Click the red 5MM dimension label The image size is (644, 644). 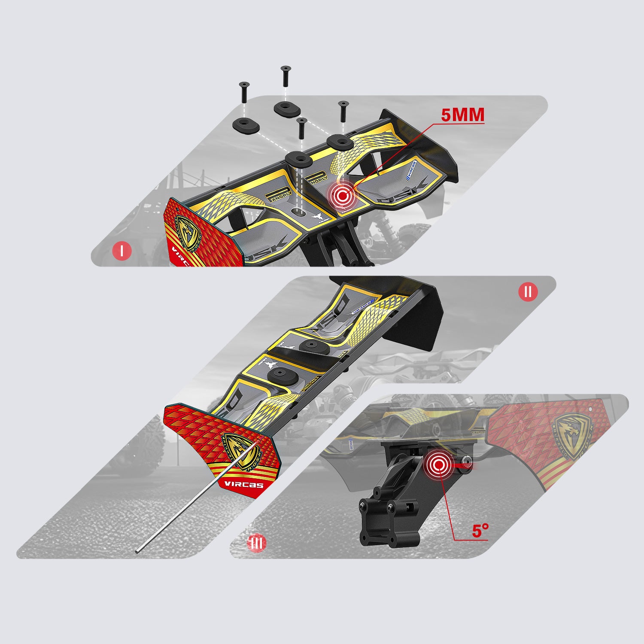462,115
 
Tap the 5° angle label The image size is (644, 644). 480,531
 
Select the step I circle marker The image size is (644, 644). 122,251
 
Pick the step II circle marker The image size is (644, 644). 528,292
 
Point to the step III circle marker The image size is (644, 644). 257,543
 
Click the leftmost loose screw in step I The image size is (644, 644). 244,91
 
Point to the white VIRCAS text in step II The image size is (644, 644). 243,485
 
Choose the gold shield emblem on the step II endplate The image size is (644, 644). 241,452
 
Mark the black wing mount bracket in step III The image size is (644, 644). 391,502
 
